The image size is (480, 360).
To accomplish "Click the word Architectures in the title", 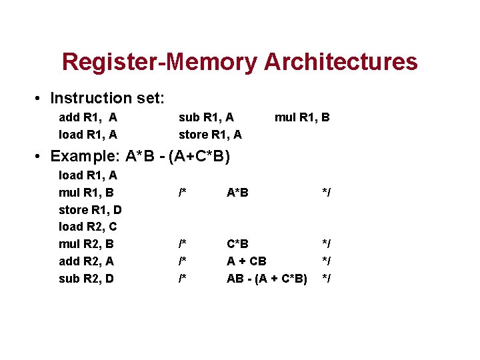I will (x=341, y=62).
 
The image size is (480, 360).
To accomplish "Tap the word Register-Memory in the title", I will (x=160, y=62).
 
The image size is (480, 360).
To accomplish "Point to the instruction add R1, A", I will (x=88, y=117).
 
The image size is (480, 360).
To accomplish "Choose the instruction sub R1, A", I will (x=206, y=117).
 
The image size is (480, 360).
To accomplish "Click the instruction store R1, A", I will (x=210, y=135).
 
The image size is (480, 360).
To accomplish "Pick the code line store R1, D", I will (x=90, y=210).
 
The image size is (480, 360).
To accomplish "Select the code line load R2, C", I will (x=88, y=227).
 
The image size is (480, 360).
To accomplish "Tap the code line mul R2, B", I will (x=87, y=244).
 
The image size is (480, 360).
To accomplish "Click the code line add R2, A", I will (x=87, y=261).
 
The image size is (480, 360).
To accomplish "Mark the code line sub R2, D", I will (x=87, y=279).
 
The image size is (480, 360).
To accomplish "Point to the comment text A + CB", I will (x=247, y=261).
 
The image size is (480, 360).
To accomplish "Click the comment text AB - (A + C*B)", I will (x=267, y=279).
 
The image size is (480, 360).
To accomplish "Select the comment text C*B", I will (x=238, y=244).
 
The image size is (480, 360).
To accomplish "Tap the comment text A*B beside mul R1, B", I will (x=238, y=193).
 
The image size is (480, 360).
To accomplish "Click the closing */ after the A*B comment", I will (x=327, y=193).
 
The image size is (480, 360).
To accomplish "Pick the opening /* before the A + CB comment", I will (x=182, y=261).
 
